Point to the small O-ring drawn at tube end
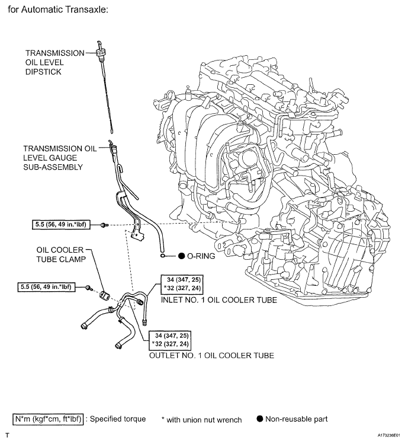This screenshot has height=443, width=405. click(x=162, y=256)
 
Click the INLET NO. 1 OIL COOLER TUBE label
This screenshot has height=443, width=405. click(x=219, y=299)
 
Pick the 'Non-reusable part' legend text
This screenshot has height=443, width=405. click(x=295, y=419)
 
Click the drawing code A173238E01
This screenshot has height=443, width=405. click(x=384, y=435)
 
